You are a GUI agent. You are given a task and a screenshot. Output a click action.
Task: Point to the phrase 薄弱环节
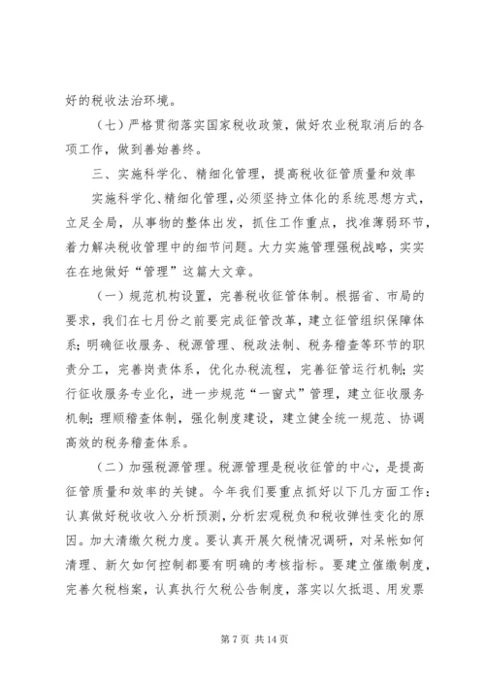point(370,224)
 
